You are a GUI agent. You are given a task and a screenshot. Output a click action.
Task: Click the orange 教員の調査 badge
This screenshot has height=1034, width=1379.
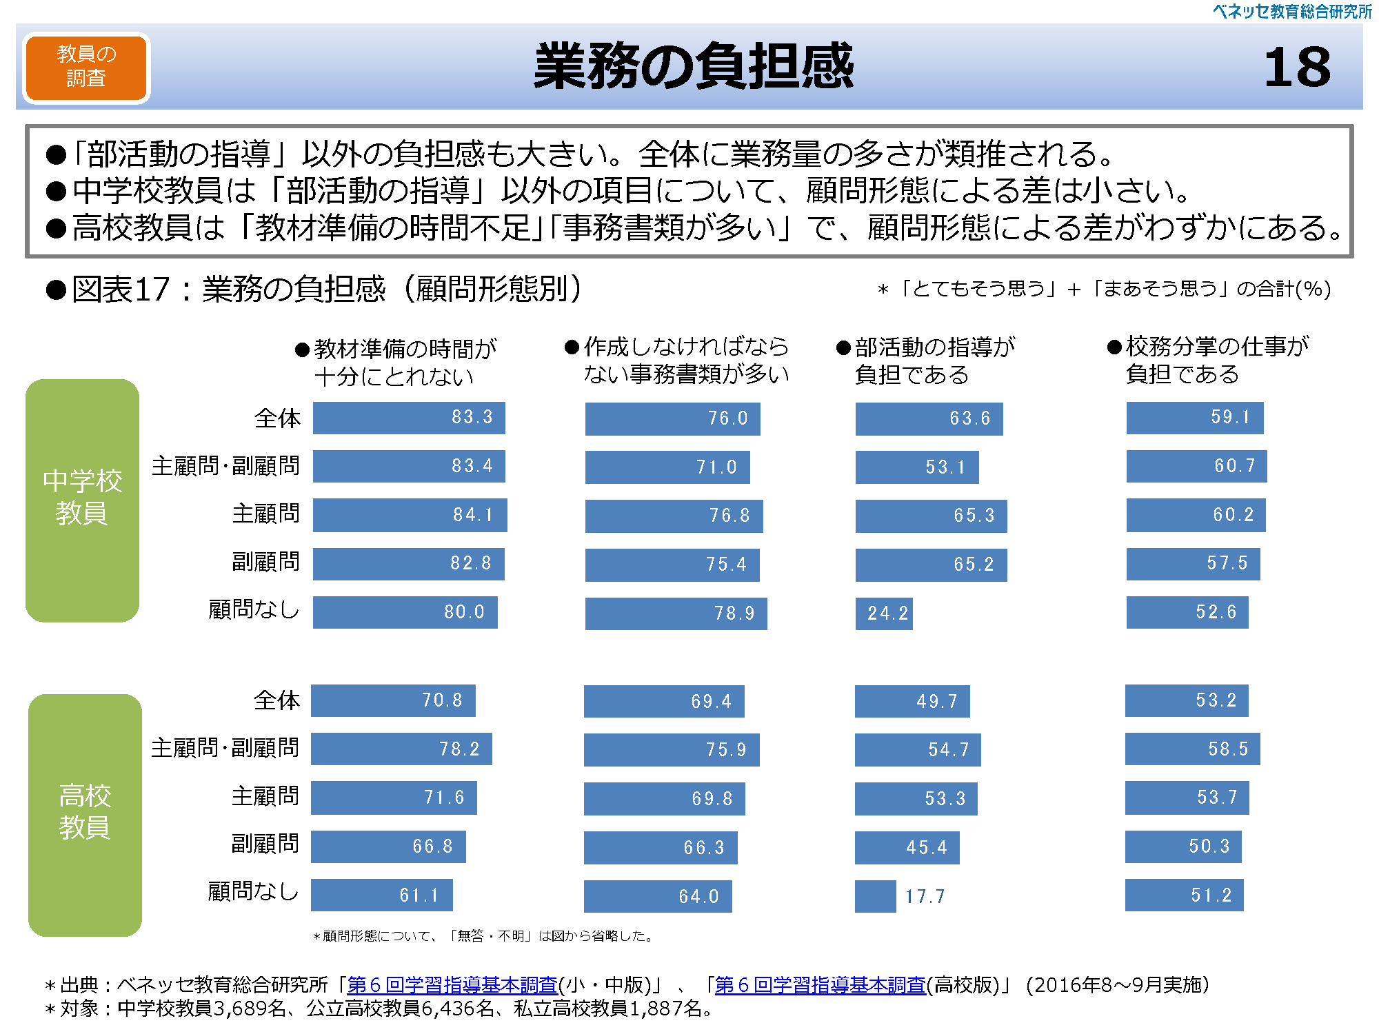[x=86, y=68]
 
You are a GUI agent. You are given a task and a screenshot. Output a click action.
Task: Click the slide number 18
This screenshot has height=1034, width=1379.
[x=1297, y=68]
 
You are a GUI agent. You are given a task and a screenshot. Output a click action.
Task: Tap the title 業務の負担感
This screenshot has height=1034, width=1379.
[x=694, y=66]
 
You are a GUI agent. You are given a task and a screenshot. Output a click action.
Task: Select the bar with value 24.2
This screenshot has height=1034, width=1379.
[x=884, y=613]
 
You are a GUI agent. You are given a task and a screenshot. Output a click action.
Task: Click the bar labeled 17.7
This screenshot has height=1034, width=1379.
[x=875, y=896]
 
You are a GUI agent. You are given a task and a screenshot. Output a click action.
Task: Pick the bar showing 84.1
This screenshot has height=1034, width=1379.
[x=410, y=515]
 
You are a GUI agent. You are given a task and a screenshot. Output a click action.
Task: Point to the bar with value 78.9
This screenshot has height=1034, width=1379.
[x=676, y=613]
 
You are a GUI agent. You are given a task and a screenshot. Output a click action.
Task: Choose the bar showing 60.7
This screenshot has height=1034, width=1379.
[x=1196, y=466]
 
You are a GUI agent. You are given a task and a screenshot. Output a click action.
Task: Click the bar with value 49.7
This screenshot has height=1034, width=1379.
[x=912, y=701]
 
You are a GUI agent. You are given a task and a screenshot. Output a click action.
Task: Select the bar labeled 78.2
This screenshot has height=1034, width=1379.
[x=401, y=749]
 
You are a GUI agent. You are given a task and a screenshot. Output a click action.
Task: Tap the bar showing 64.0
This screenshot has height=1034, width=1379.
[x=658, y=896]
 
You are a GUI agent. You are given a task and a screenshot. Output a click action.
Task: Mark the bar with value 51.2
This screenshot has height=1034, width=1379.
[x=1184, y=895]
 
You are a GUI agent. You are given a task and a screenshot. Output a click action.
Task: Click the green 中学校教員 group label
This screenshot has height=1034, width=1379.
[x=82, y=500]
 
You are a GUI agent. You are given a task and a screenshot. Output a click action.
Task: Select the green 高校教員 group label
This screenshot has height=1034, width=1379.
[x=85, y=814]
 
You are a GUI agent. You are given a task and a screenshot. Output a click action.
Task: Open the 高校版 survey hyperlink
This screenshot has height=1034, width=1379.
[x=821, y=985]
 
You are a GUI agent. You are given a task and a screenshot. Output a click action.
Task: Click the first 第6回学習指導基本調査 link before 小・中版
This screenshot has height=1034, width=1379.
[x=452, y=985]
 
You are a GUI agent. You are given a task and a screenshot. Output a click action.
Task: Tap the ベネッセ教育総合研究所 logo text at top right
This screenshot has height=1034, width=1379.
[x=1292, y=11]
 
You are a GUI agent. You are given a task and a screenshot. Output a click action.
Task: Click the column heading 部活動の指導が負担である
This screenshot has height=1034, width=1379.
[x=934, y=361]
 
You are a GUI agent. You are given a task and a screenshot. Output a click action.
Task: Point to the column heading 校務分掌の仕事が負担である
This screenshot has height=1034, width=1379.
[x=1217, y=360]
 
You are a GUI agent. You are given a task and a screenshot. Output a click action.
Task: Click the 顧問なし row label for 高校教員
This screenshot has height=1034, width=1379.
[x=253, y=892]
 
